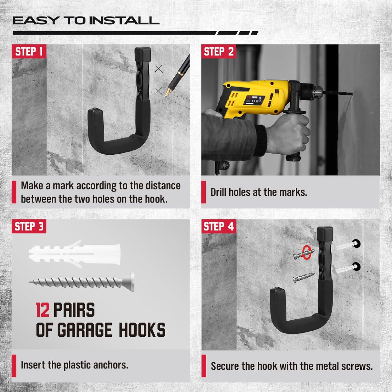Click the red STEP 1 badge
click(29, 52)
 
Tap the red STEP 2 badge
click(219, 52)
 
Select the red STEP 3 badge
click(29, 227)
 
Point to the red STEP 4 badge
click(218, 227)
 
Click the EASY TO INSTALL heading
click(86, 21)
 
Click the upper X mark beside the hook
click(159, 69)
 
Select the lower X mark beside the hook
click(159, 91)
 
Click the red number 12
click(43, 310)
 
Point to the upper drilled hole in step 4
click(356, 244)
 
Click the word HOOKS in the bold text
click(142, 330)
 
